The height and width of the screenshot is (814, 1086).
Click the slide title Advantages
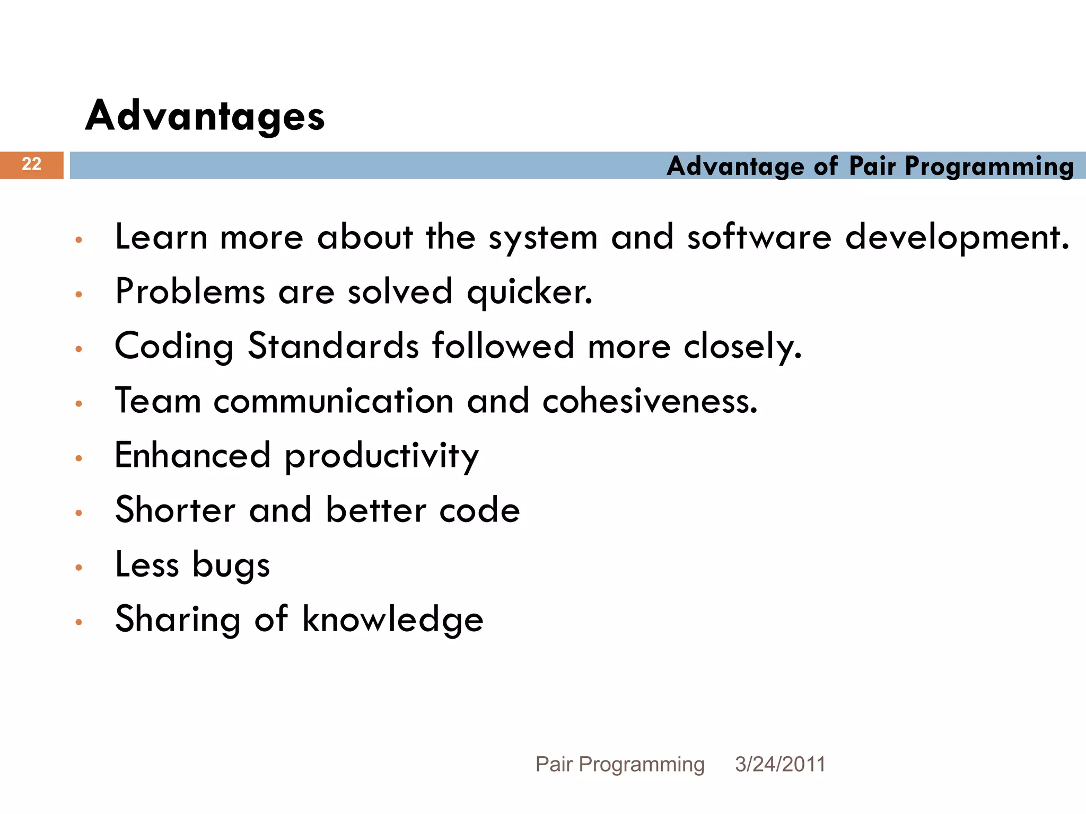click(205, 116)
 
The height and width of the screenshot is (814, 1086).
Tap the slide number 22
click(31, 164)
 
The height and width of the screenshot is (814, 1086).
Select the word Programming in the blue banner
click(989, 167)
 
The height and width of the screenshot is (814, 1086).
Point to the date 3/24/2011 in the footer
click(780, 764)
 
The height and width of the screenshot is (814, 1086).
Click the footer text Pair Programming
click(620, 764)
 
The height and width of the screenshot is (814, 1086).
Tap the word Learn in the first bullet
click(161, 237)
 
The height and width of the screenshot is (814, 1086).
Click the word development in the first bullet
click(957, 238)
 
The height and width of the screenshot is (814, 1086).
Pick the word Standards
click(334, 346)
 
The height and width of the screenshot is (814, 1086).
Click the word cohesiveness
click(650, 401)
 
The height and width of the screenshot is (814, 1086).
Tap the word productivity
click(381, 456)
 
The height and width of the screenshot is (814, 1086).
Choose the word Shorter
click(176, 510)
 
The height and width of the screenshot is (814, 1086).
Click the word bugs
click(231, 565)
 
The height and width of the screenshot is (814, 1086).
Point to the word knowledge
click(392, 620)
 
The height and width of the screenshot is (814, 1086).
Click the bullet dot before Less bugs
click(79, 568)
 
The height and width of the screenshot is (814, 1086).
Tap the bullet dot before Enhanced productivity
click(79, 458)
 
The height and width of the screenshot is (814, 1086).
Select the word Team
click(158, 401)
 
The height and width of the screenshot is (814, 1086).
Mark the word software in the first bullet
click(759, 237)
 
